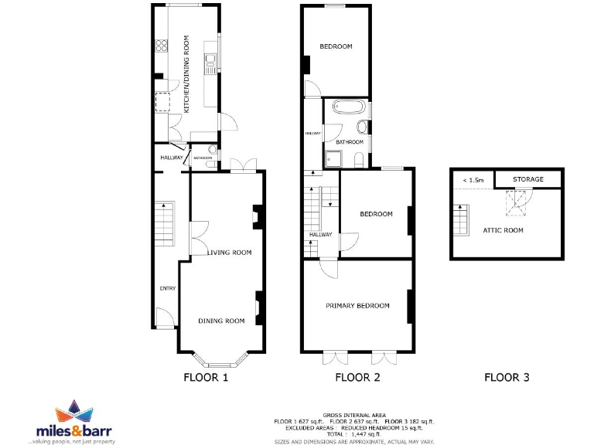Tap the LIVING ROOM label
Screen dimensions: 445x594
click(x=229, y=253)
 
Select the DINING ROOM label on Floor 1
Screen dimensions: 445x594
click(x=221, y=321)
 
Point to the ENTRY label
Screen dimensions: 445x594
click(x=168, y=289)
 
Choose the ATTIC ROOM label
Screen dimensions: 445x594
click(x=503, y=230)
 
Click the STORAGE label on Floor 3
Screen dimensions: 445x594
click(x=529, y=179)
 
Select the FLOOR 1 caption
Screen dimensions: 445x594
click(x=206, y=378)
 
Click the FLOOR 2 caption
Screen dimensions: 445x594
click(x=357, y=378)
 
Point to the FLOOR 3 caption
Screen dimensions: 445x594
click(x=507, y=378)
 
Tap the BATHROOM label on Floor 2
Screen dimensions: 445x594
click(x=349, y=142)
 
